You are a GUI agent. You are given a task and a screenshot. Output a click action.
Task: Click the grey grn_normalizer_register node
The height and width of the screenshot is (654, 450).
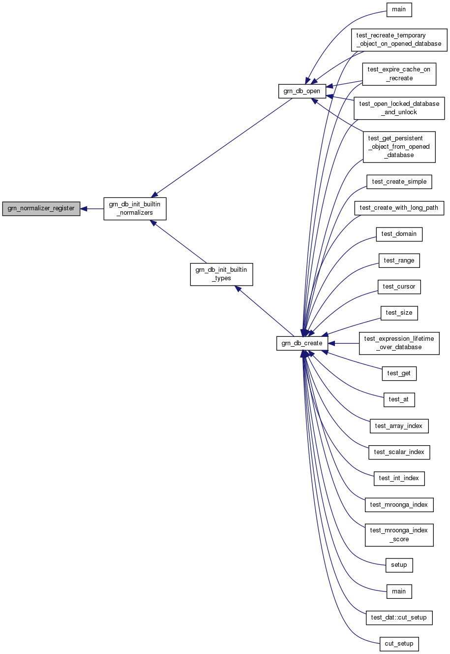[x=41, y=208]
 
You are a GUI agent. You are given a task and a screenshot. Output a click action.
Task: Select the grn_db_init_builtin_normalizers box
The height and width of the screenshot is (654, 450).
[x=135, y=208]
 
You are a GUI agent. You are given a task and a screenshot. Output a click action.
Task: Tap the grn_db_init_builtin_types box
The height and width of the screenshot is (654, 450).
[x=221, y=274]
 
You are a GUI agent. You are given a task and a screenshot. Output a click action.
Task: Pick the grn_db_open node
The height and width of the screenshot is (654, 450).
[x=302, y=91]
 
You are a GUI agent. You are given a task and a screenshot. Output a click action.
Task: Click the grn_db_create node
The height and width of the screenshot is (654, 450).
[x=302, y=343]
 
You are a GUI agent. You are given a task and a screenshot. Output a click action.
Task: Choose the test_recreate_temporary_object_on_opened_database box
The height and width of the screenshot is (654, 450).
[x=399, y=40]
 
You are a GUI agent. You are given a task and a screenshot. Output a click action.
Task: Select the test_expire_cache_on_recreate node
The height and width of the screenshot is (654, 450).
[x=399, y=74]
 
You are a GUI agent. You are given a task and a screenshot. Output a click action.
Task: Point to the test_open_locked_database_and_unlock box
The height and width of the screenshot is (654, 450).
[x=399, y=108]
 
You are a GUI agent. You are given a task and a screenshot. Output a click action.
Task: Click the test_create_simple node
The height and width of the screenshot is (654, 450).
[x=399, y=182]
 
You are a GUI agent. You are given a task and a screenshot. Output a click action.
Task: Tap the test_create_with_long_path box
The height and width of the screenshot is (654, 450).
[x=399, y=208]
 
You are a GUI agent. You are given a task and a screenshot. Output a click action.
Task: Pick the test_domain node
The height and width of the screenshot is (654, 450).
[x=399, y=234]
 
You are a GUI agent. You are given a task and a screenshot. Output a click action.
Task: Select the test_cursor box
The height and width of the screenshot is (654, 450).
[x=399, y=287]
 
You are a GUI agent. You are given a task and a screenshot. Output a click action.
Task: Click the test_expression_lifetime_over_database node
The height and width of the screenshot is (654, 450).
[x=399, y=343]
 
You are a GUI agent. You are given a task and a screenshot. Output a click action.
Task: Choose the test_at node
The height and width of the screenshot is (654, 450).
[x=399, y=399]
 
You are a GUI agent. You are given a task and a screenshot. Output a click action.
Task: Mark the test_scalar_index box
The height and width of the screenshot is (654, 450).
[x=399, y=452]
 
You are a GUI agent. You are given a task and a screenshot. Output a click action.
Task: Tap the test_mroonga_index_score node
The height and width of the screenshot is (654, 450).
[x=399, y=535]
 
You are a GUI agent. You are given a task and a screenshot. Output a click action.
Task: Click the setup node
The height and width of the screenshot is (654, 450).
[x=399, y=565]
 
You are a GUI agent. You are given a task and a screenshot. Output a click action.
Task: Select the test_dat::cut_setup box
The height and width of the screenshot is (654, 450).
[x=399, y=618]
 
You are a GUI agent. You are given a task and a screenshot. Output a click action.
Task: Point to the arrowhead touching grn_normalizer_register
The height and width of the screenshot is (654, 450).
[x=84, y=209]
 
